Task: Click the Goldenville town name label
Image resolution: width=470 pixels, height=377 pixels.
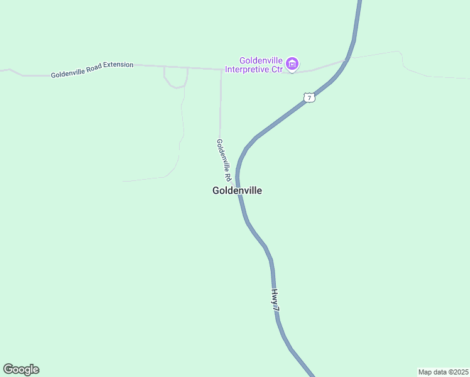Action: point(237,190)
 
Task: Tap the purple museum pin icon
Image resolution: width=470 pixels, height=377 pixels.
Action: point(292,63)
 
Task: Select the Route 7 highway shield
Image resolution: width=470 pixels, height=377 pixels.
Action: point(308,97)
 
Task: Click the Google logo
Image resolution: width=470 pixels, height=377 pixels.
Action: point(21,369)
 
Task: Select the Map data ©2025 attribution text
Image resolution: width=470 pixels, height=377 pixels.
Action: point(444,372)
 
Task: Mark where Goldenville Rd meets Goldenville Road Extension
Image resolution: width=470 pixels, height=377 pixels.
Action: point(221,69)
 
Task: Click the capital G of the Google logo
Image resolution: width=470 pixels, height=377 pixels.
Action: point(8,369)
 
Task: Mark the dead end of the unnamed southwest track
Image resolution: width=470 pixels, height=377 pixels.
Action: point(123,181)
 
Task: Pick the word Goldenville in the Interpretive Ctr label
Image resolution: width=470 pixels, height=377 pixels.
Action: point(259,60)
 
